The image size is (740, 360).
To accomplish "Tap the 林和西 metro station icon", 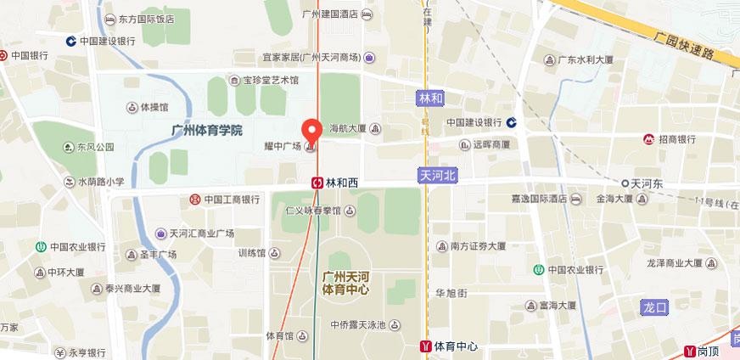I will click(x=316, y=182).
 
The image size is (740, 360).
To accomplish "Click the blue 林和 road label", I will click(x=431, y=98).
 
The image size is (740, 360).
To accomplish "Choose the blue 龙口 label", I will click(x=657, y=306).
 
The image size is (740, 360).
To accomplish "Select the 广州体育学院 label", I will click(x=207, y=130).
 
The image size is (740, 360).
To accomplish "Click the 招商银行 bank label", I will click(x=676, y=138).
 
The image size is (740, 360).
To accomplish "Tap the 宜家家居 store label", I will click(x=311, y=58).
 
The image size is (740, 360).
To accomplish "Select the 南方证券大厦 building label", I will click(x=477, y=246).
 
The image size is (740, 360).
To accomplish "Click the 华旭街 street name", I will click(x=451, y=293).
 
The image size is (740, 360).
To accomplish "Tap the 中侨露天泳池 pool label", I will click(x=358, y=324).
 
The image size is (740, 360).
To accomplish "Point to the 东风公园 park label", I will click(x=95, y=146).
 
